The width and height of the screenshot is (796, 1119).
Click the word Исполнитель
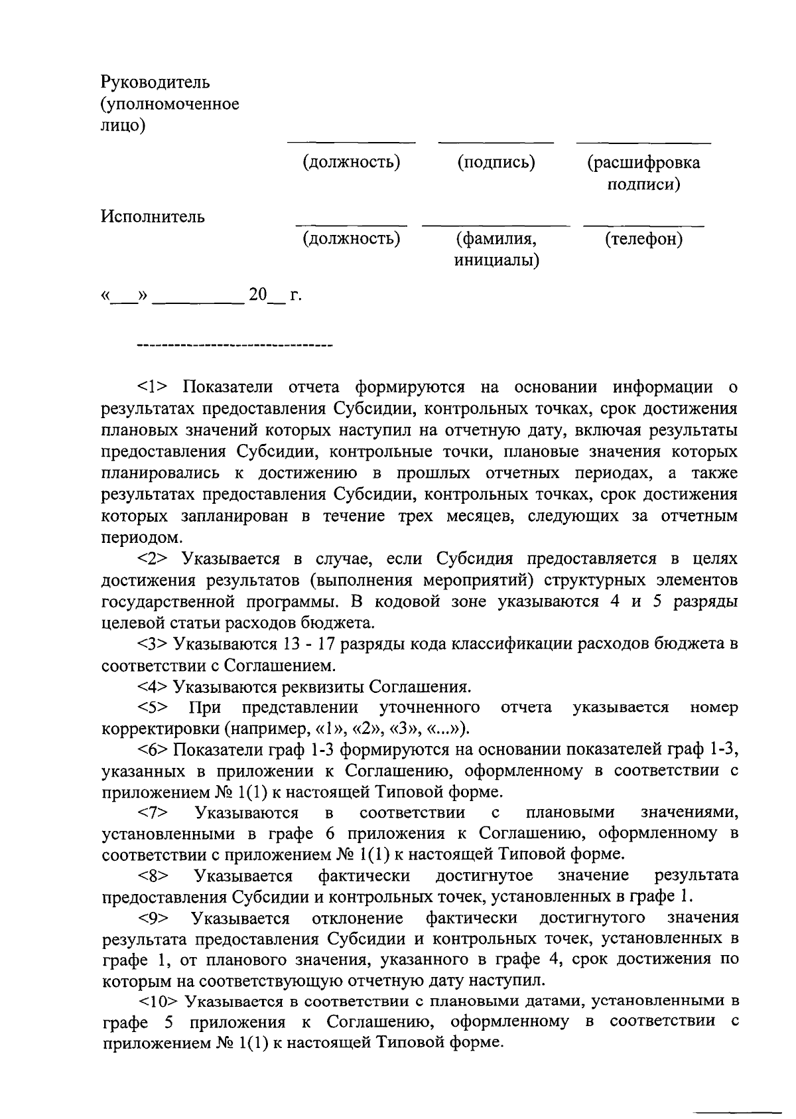(x=153, y=217)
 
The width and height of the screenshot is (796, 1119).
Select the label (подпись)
(x=496, y=162)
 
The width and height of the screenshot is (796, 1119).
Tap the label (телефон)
(x=643, y=239)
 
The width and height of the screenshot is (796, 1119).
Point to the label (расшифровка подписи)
(x=643, y=173)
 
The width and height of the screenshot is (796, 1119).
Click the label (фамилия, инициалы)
(x=496, y=250)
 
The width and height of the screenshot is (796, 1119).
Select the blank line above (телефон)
(x=643, y=226)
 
